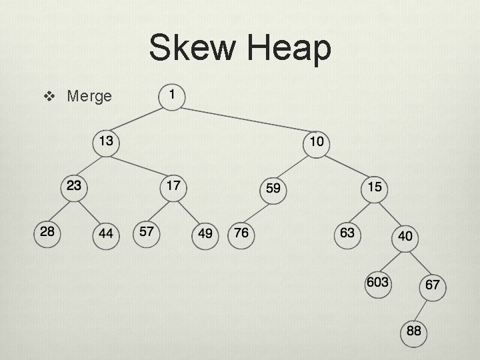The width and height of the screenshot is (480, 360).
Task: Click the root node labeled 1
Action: pos(173,96)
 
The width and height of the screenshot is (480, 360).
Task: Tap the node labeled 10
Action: pos(317,142)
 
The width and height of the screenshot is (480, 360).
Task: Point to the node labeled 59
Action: pos(273,189)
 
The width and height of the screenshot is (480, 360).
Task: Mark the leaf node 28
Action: pos(47,233)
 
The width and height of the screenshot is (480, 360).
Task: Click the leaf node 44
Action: pos(105,235)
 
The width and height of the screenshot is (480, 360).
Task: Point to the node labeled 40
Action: pos(405,237)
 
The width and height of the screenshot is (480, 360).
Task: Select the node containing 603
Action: pos(377,283)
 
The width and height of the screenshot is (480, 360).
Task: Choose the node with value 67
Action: pos(432,286)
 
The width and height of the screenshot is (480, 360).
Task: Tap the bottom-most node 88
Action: pos(413,331)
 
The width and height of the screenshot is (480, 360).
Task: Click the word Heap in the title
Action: pos(287,49)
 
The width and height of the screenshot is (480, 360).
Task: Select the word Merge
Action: pos(89,97)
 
